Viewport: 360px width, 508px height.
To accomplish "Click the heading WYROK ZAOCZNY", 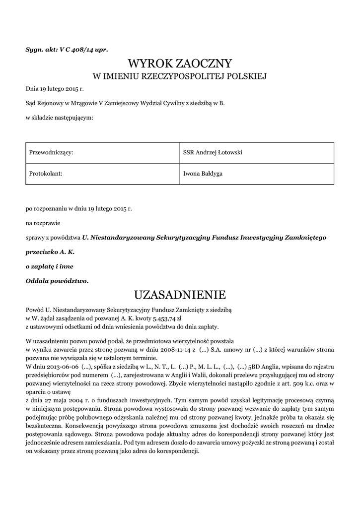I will click(180, 63).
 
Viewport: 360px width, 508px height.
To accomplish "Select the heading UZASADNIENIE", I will click(180, 295).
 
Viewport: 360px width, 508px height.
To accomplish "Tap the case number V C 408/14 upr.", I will click(80, 50).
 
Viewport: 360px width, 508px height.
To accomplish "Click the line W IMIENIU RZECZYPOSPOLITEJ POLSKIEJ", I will click(180, 76).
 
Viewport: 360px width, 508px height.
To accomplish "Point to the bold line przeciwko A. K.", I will click(50, 252).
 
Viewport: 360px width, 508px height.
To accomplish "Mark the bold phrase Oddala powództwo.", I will click(57, 281).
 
